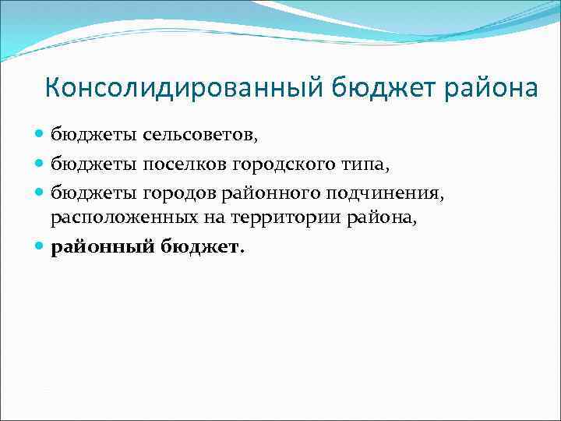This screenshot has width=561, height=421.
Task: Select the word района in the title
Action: (490, 88)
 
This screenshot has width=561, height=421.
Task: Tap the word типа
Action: (348, 163)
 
